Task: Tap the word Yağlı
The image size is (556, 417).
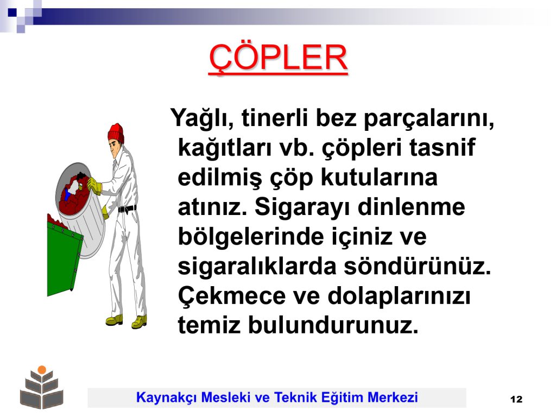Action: tap(202, 118)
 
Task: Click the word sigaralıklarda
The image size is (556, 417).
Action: tap(257, 267)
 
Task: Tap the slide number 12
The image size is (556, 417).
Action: tap(516, 399)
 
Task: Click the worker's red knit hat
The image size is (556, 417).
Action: tap(116, 133)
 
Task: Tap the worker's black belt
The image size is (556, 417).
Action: tap(127, 208)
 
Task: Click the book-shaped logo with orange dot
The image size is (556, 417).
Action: tap(41, 387)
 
